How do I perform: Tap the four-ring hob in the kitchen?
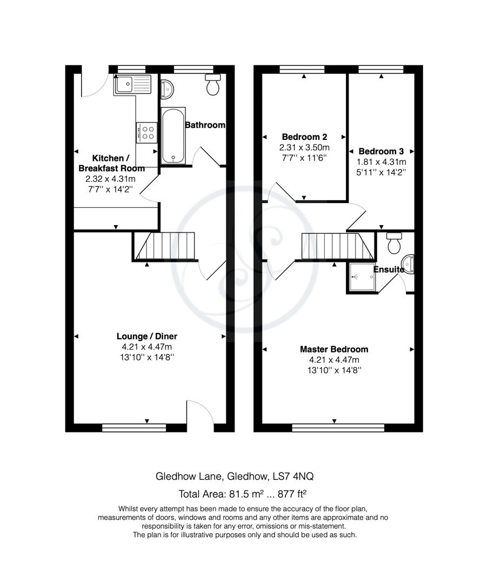(x=146, y=132)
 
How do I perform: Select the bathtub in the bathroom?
(x=173, y=136)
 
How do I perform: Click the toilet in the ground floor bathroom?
(x=213, y=85)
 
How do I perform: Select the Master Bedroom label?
(x=334, y=349)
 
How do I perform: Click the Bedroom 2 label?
(x=304, y=137)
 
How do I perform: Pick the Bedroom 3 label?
(x=381, y=151)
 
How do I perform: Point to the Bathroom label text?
(x=205, y=125)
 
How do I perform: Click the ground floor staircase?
(x=165, y=246)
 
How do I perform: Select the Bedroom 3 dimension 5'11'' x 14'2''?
(x=381, y=172)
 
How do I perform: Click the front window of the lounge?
(x=133, y=428)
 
